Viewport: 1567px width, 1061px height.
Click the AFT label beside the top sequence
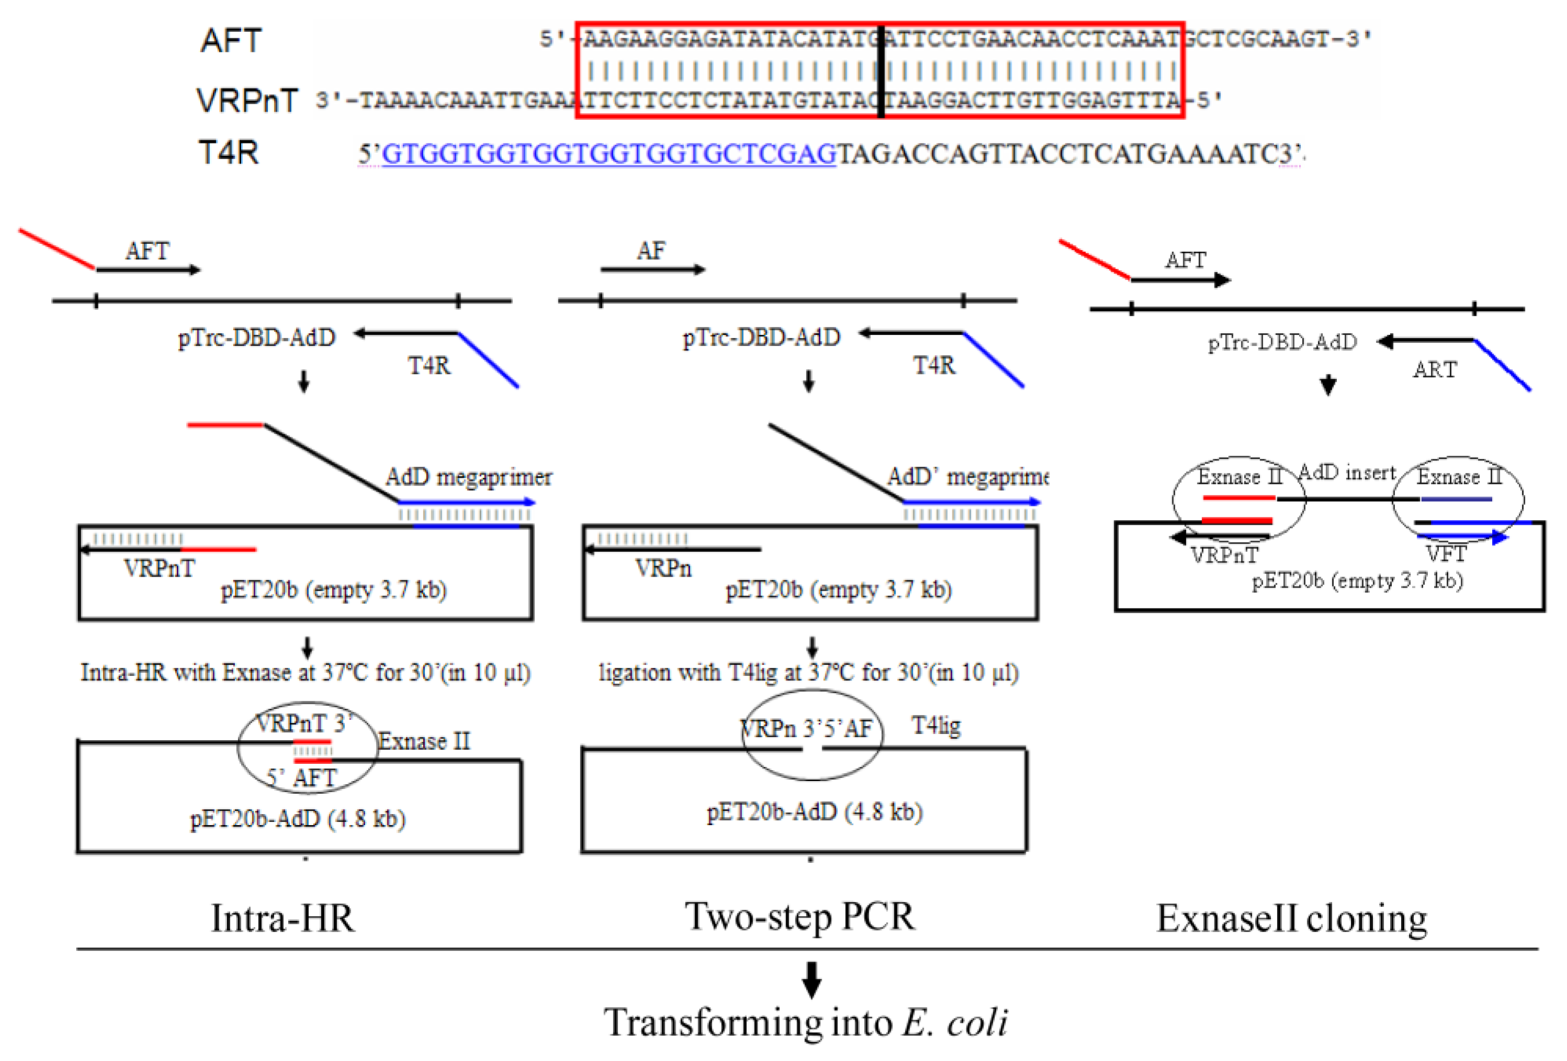231,40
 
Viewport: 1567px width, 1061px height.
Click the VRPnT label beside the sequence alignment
247,100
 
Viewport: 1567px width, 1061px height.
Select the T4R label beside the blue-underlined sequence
228,152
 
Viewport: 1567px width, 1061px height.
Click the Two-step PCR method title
800,917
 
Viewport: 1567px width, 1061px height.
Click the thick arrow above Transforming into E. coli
811,979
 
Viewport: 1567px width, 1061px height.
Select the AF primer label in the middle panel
651,251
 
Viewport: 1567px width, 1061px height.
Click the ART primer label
1435,370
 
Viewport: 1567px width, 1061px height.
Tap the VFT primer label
1446,555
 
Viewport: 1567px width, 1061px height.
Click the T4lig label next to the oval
936,726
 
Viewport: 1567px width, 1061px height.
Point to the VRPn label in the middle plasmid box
663,569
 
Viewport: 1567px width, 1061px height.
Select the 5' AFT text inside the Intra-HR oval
301,778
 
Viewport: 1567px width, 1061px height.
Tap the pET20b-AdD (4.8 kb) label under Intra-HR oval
298,819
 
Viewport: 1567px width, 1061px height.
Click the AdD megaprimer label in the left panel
469,478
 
